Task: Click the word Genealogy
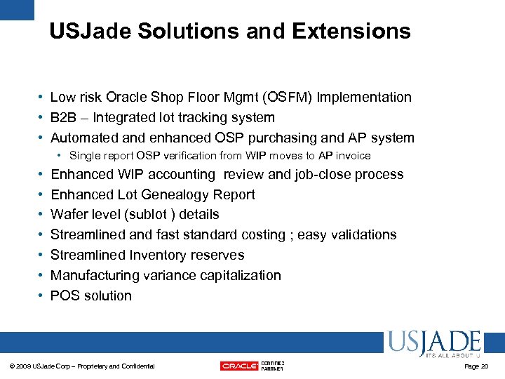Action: [171, 194]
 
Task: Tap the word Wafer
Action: [69, 215]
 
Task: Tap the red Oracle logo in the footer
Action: [238, 366]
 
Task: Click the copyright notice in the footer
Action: [85, 366]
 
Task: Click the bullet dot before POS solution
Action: [43, 295]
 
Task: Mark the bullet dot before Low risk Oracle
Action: [43, 98]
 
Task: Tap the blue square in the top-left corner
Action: [16, 9]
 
